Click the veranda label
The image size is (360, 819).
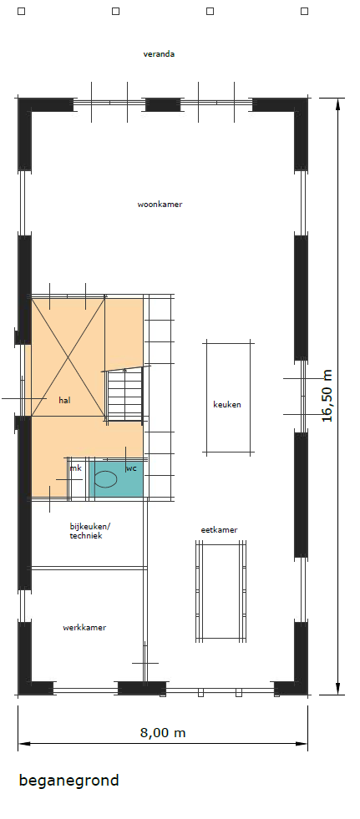(159, 53)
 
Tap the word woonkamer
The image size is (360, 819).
(160, 205)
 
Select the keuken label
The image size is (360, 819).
(227, 404)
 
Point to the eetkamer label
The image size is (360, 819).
(220, 529)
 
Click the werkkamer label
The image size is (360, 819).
(84, 627)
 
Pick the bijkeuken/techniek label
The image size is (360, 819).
(88, 531)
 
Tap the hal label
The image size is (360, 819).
(65, 401)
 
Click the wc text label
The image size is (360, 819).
(131, 468)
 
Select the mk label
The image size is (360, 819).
(76, 468)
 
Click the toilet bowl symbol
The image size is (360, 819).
(105, 479)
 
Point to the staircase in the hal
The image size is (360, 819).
(124, 396)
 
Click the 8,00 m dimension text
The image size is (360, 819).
(163, 733)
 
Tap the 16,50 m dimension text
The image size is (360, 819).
(327, 396)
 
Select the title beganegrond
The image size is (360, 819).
(69, 781)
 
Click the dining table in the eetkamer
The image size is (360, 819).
(221, 591)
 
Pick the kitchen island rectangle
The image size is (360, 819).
(229, 397)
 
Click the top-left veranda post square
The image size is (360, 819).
(22, 11)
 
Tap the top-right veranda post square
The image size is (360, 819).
(304, 11)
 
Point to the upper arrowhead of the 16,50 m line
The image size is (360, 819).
(338, 104)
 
